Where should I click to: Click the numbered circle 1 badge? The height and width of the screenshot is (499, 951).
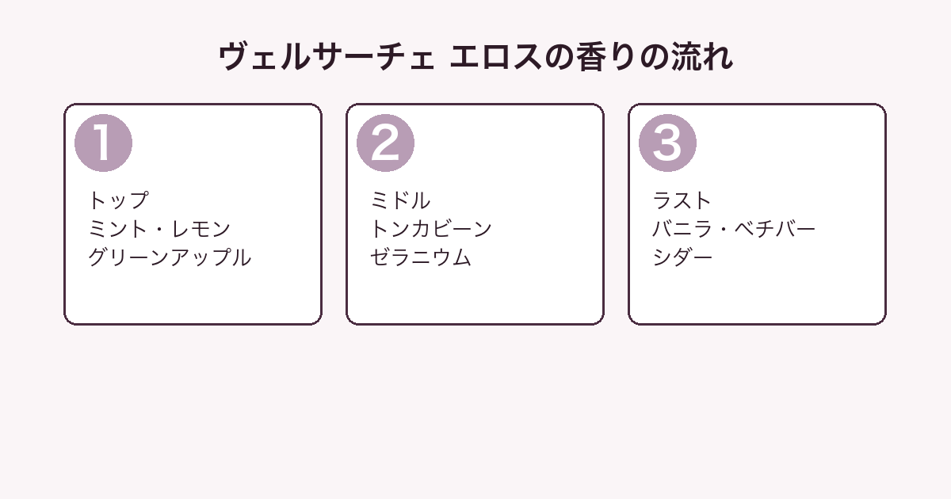pyautogui.click(x=103, y=143)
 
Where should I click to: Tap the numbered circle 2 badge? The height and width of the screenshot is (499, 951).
pyautogui.click(x=385, y=143)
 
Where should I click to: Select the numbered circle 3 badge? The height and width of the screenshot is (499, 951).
pyautogui.click(x=667, y=143)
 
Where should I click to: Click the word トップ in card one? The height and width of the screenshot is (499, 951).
pyautogui.click(x=119, y=200)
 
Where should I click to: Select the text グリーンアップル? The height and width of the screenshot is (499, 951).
pyautogui.click(x=170, y=257)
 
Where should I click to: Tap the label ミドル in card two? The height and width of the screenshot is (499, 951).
pyautogui.click(x=400, y=200)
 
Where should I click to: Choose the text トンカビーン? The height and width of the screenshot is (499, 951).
pyautogui.click(x=431, y=229)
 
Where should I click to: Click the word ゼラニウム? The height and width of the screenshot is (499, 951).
pyautogui.click(x=421, y=257)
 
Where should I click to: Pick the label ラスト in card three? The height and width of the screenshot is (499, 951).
pyautogui.click(x=682, y=200)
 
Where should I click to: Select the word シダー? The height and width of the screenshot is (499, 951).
pyautogui.click(x=682, y=257)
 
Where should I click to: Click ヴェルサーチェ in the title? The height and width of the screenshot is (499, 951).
pyautogui.click(x=327, y=56)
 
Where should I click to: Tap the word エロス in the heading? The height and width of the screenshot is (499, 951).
pyautogui.click(x=496, y=56)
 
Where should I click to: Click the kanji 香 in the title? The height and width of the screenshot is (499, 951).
pyautogui.click(x=592, y=56)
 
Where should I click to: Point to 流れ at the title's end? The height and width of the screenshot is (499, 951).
pyautogui.click(x=702, y=56)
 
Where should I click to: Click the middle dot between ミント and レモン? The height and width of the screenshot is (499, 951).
pyautogui.click(x=159, y=230)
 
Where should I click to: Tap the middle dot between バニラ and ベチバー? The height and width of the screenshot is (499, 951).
pyautogui.click(x=724, y=230)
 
